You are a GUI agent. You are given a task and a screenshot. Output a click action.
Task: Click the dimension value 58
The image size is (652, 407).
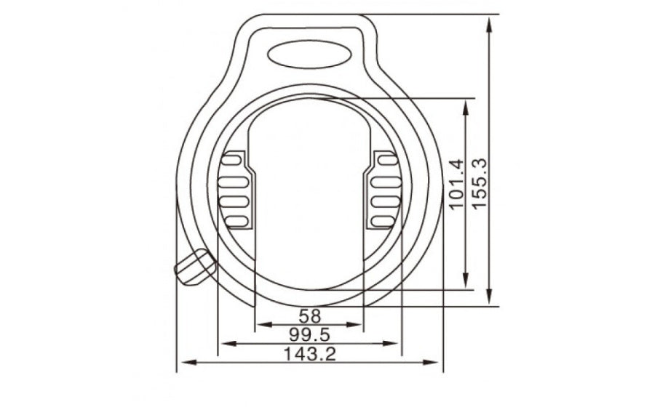coord(310,316)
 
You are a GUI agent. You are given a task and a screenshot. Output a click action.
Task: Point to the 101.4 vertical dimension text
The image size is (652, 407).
coord(456,186)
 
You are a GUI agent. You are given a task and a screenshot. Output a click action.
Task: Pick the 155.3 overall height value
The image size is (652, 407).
coord(480,185)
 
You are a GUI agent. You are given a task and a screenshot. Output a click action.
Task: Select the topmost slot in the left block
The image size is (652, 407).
coord(235,158)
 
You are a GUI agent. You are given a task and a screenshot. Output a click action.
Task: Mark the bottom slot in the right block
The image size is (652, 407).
coord(384,219)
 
